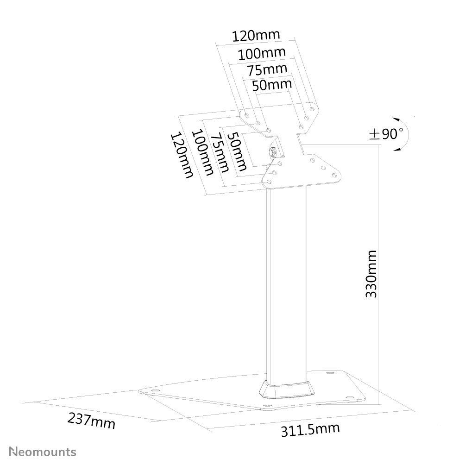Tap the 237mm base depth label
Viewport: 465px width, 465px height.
coord(91,421)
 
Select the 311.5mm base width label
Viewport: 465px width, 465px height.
coord(310,430)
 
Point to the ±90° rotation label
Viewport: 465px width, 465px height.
coord(386,134)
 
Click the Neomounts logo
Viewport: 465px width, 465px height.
coord(43,452)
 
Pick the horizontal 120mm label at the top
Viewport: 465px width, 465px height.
coord(256,35)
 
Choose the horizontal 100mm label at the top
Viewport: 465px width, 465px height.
coord(262,53)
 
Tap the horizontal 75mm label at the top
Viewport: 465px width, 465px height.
coord(267,70)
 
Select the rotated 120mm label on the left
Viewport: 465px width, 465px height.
coord(182,156)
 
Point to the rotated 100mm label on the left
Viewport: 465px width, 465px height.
coord(203,152)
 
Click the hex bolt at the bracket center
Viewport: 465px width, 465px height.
coord(273,152)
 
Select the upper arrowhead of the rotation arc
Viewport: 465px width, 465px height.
coord(396,119)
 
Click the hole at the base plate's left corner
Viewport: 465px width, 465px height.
coord(155,390)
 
